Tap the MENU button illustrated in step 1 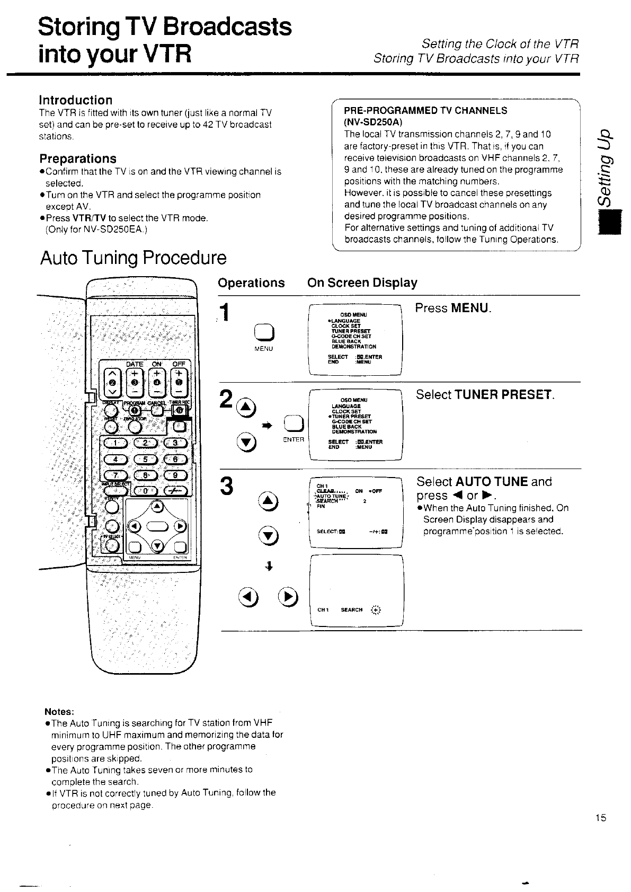tap(264, 331)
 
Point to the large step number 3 tap(227, 487)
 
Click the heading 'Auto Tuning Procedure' tap(133, 258)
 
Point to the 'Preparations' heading tap(78, 158)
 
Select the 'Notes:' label tap(59, 711)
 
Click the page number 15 tap(600, 818)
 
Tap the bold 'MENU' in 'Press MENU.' tap(470, 308)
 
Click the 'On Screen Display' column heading tap(362, 282)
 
